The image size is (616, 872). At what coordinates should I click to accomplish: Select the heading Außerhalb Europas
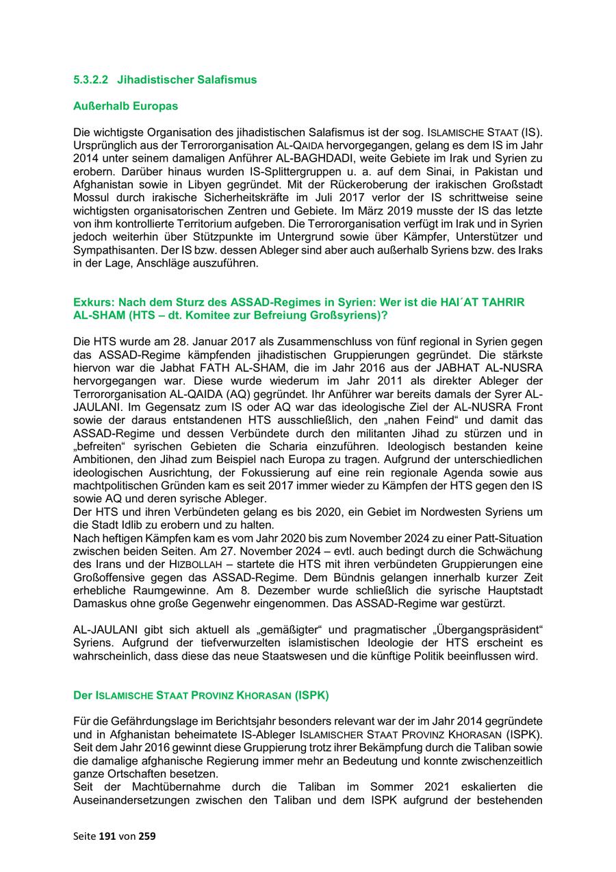click(x=125, y=106)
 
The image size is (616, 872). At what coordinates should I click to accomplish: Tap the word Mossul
click(x=90, y=199)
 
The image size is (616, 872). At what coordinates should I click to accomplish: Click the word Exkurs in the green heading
click(x=92, y=302)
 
